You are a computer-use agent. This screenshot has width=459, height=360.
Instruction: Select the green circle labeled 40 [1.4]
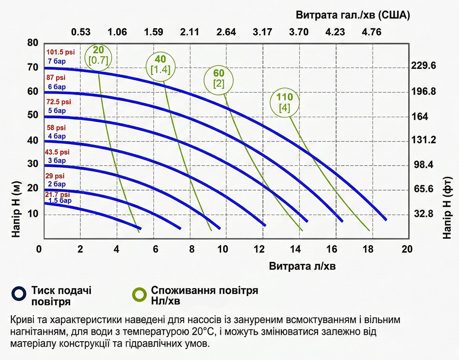[160, 64]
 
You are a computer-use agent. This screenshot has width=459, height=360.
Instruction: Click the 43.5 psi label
[58, 152]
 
